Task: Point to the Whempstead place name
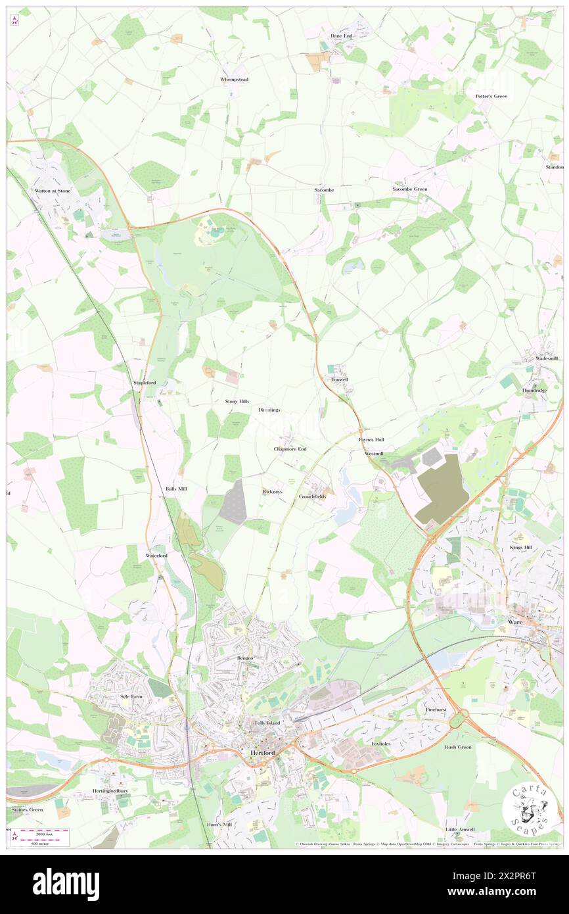pyautogui.click(x=233, y=79)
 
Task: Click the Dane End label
pyautogui.click(x=341, y=36)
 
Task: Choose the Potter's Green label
pyautogui.click(x=491, y=97)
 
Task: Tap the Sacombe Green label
pyautogui.click(x=410, y=189)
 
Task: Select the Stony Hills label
pyautogui.click(x=237, y=401)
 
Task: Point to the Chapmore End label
pyautogui.click(x=290, y=449)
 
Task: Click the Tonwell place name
pyautogui.click(x=340, y=380)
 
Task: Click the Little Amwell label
pyautogui.click(x=460, y=829)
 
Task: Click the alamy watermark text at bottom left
pyautogui.click(x=66, y=884)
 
